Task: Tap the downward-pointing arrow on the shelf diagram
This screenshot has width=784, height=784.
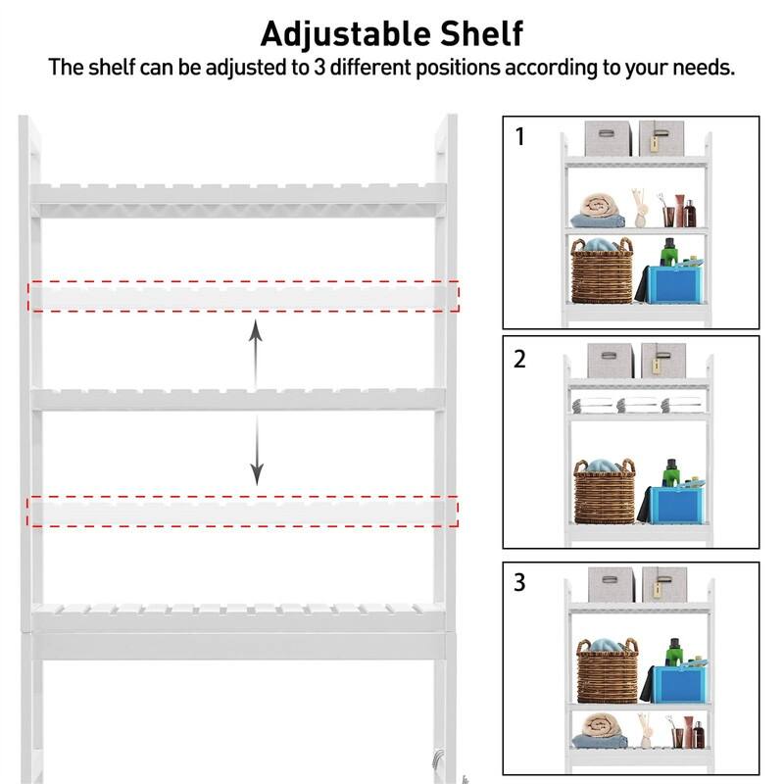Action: pyautogui.click(x=256, y=450)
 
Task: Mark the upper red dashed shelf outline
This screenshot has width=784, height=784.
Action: pyautogui.click(x=243, y=296)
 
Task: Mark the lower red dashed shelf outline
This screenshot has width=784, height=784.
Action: pyautogui.click(x=243, y=511)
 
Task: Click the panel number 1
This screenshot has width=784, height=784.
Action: pyautogui.click(x=520, y=137)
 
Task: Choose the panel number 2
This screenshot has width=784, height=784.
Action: pyautogui.click(x=520, y=360)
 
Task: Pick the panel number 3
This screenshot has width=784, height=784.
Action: pyautogui.click(x=520, y=582)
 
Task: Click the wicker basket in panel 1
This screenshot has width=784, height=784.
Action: pyautogui.click(x=602, y=273)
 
